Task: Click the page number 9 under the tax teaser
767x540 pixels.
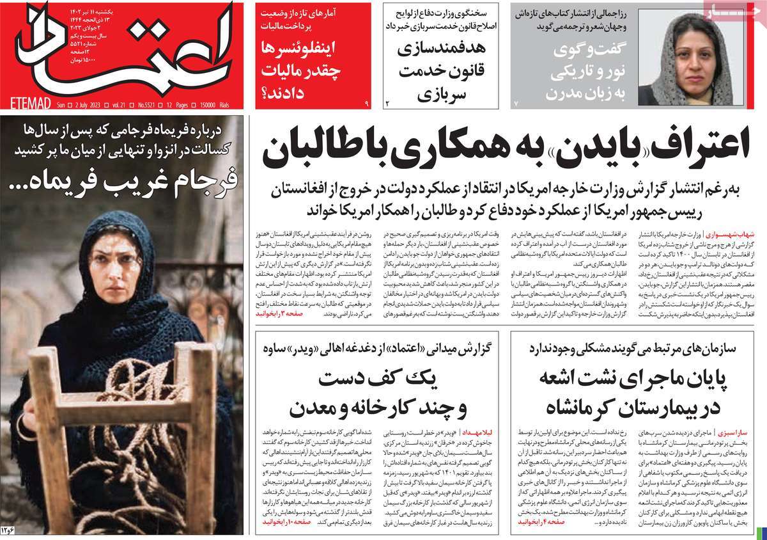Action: tap(367, 102)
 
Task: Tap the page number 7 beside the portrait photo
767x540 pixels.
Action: tap(516, 102)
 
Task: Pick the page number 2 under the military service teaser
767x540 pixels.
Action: tap(387, 102)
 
